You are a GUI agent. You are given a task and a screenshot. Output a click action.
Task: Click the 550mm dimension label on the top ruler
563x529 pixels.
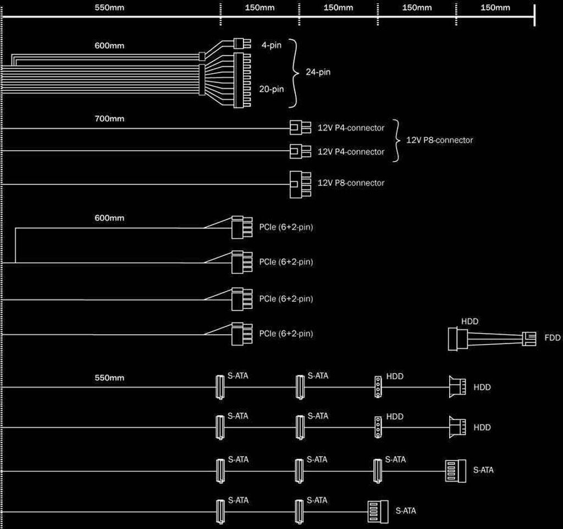(109, 7)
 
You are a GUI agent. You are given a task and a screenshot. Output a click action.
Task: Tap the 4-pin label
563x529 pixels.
(271, 45)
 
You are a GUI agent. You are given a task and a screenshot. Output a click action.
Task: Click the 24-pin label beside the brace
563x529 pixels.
(318, 72)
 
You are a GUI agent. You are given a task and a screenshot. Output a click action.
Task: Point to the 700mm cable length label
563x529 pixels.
(109, 118)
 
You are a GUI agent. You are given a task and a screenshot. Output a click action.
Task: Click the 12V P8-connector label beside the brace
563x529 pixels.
(439, 140)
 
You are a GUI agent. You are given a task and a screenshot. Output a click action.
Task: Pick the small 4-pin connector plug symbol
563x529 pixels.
(239, 43)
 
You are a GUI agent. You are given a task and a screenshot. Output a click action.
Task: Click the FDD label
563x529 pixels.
(553, 337)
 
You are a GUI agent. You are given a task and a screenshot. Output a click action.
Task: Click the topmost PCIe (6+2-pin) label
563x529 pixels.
(286, 227)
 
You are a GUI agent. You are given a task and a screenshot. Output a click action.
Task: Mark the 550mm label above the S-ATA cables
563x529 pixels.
(109, 378)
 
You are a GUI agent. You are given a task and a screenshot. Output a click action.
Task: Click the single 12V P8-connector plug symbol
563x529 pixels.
(296, 183)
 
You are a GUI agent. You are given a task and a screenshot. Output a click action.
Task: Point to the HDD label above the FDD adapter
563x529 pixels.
(470, 320)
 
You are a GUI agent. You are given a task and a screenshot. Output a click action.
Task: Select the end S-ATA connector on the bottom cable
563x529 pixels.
(377, 511)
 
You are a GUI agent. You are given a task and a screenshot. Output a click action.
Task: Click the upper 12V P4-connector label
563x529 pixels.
(351, 128)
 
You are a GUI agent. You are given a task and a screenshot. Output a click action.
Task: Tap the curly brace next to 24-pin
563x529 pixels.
(295, 72)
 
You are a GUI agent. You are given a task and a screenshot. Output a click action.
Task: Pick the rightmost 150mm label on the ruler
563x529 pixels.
(495, 7)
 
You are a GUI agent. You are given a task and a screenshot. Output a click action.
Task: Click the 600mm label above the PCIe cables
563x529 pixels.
(109, 217)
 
